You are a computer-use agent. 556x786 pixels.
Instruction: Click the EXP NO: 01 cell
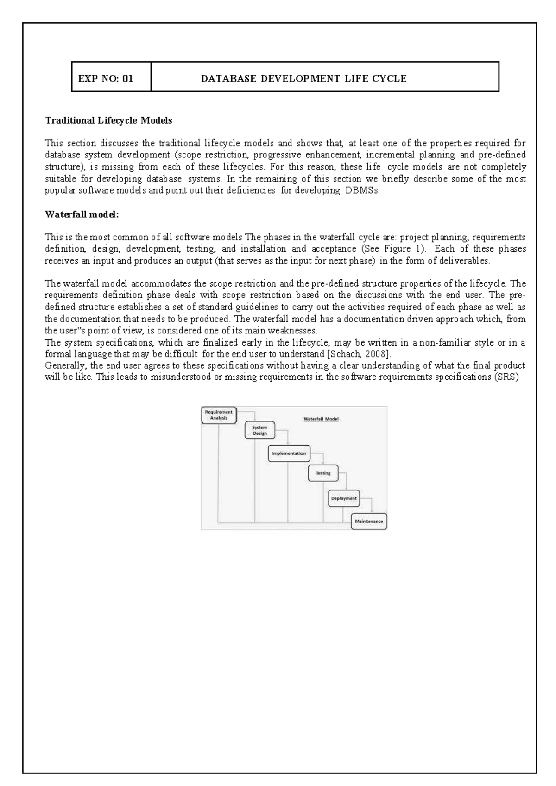(x=106, y=78)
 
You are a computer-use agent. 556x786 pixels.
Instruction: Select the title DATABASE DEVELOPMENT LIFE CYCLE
(x=303, y=79)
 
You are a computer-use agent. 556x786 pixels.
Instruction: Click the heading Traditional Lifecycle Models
(x=108, y=120)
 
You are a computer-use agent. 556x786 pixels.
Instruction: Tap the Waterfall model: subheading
(x=82, y=214)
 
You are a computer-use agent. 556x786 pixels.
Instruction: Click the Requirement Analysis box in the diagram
(x=218, y=415)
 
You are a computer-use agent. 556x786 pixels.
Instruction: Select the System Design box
(x=259, y=431)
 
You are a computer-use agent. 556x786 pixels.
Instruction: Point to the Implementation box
(x=289, y=453)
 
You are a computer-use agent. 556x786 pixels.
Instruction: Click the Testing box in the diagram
(x=323, y=473)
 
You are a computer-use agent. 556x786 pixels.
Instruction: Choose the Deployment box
(x=344, y=498)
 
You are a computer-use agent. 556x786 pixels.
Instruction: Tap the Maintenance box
(x=369, y=521)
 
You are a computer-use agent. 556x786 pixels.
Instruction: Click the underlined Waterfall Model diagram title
(x=321, y=419)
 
